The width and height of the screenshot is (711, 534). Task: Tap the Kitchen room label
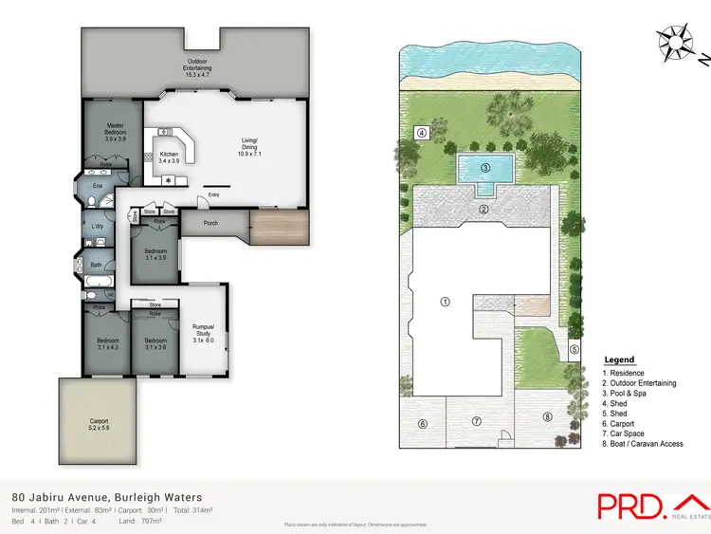pyautogui.click(x=169, y=154)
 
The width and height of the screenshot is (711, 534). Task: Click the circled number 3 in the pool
pyautogui.click(x=484, y=168)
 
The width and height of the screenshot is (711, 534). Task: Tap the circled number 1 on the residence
pyautogui.click(x=445, y=302)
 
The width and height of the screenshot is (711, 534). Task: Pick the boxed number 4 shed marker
pyautogui.click(x=422, y=132)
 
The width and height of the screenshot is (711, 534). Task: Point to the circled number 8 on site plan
pyautogui.click(x=546, y=416)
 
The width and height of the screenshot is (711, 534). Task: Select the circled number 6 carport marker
pyautogui.click(x=423, y=424)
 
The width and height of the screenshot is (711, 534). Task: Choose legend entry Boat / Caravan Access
pyautogui.click(x=643, y=444)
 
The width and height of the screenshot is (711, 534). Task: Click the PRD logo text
pyautogui.click(x=629, y=506)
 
